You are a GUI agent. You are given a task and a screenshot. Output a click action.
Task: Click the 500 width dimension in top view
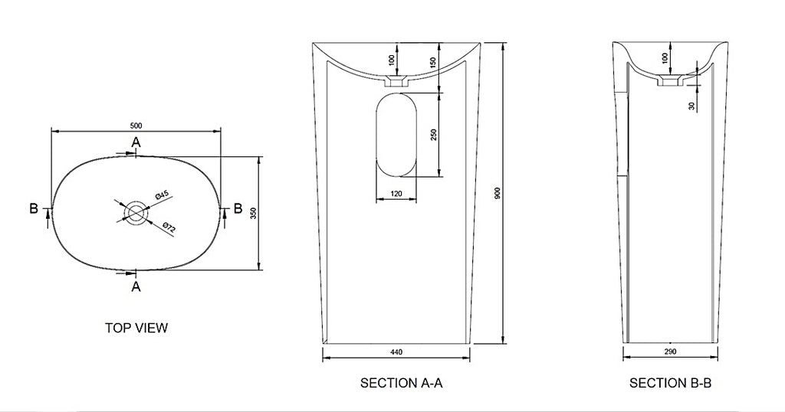(136, 125)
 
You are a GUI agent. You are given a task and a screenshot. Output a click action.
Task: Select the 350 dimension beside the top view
(253, 214)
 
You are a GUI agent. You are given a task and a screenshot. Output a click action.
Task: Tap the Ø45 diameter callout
(161, 195)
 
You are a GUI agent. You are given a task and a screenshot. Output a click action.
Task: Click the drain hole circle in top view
(136, 213)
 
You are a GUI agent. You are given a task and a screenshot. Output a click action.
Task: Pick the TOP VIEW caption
(136, 328)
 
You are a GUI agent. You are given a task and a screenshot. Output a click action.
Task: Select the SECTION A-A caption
(402, 383)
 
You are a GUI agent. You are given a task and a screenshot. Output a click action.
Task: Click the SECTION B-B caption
(670, 383)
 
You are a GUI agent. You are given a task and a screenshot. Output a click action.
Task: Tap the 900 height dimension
(497, 194)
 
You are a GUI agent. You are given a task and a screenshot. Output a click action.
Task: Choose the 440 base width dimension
(396, 352)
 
